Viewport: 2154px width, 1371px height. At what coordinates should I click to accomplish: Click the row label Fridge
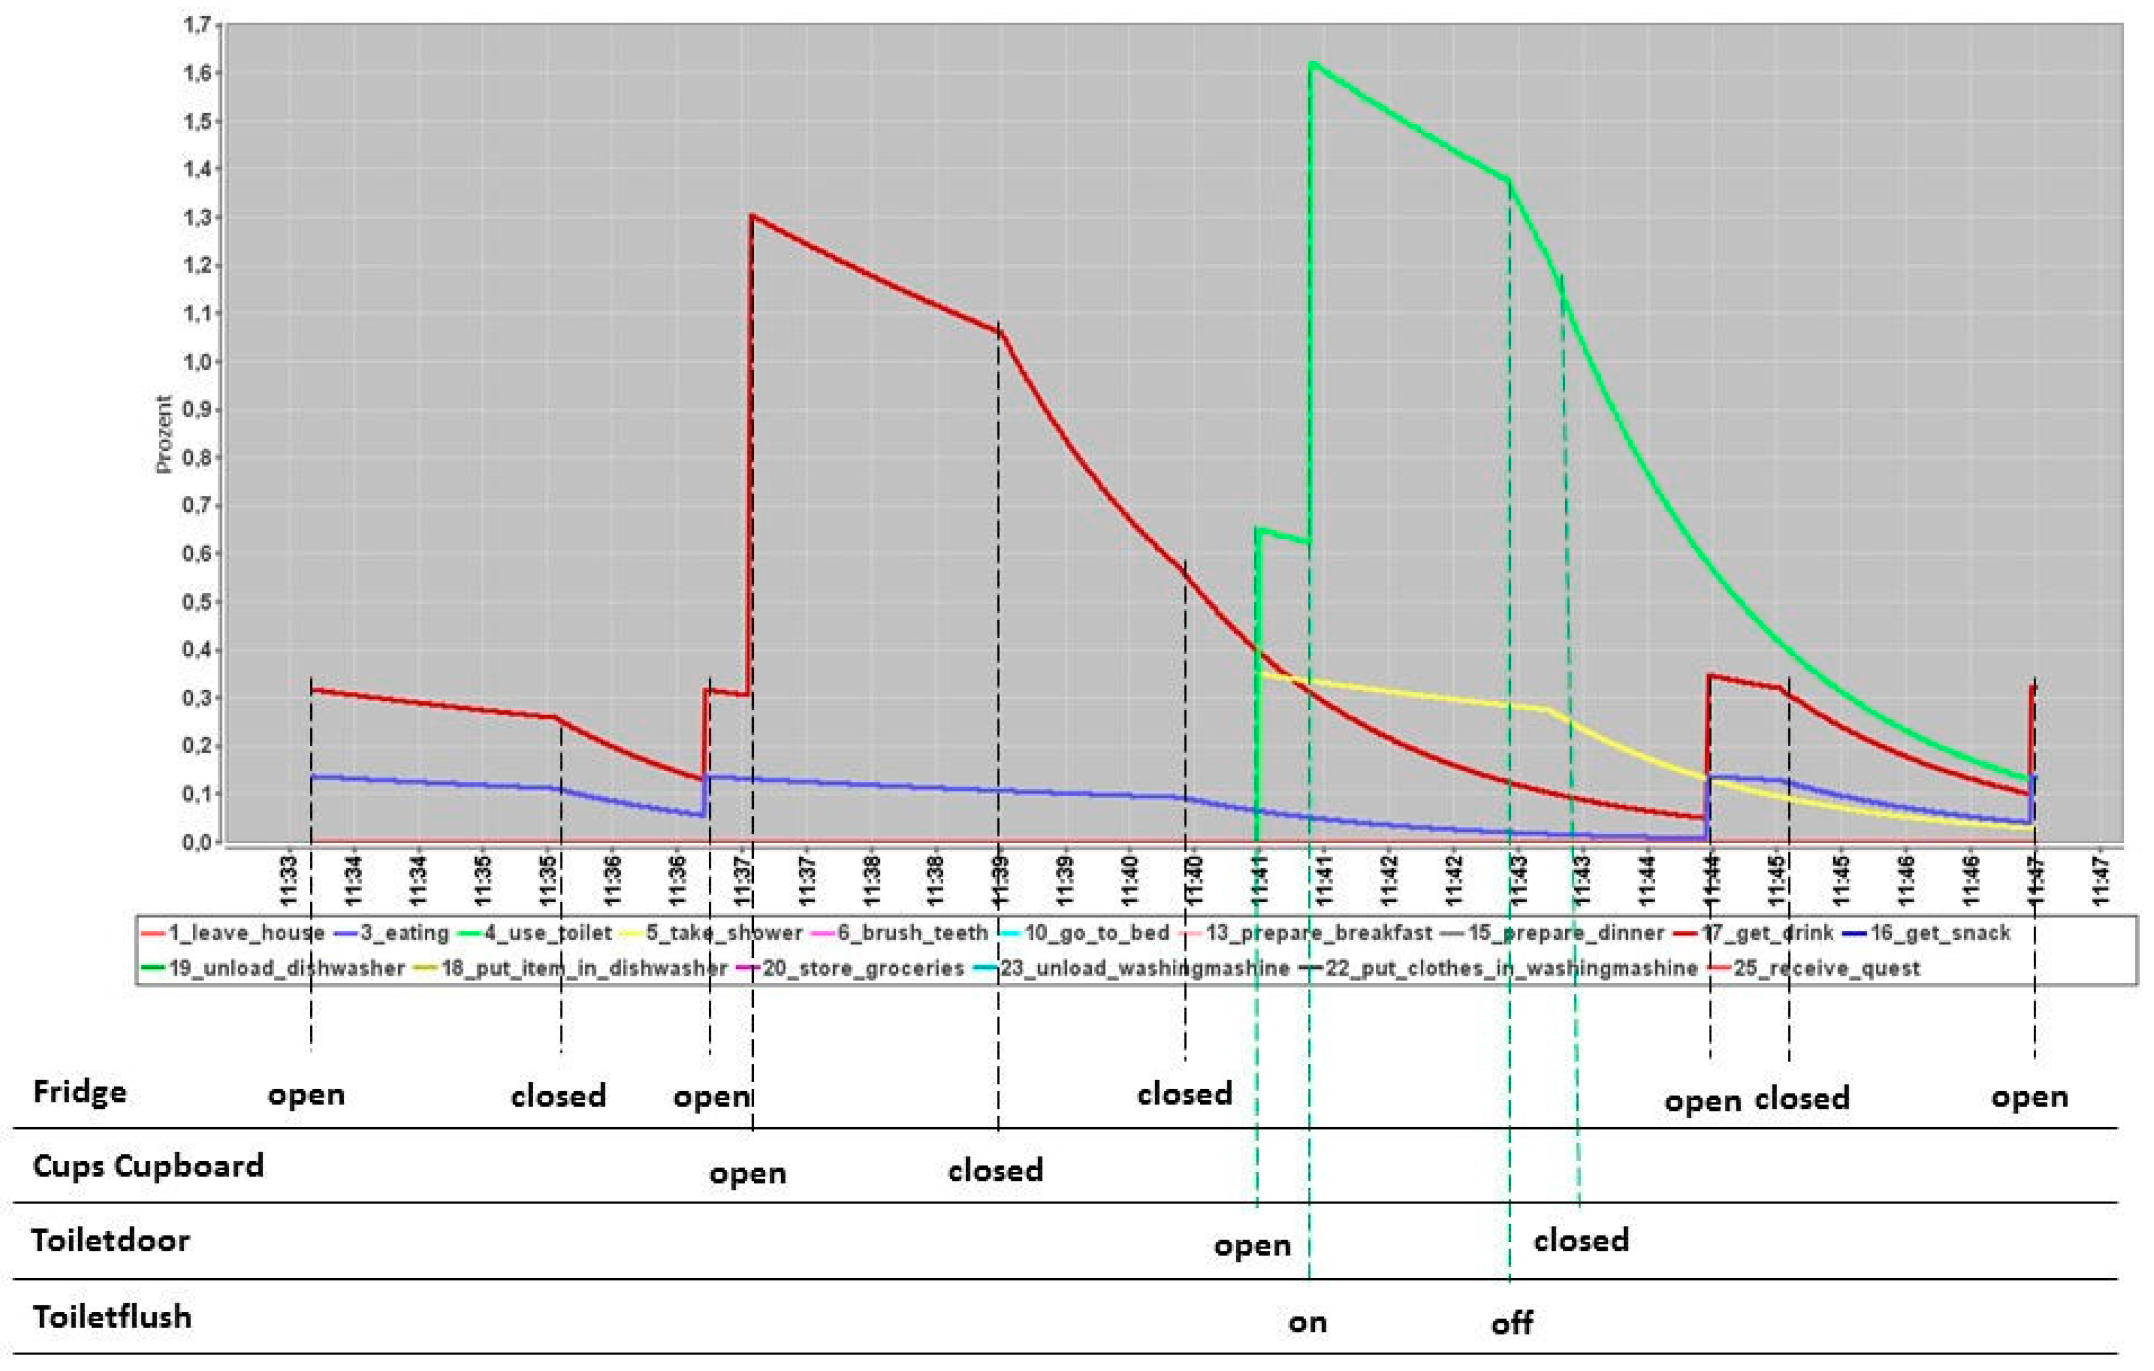(x=80, y=1092)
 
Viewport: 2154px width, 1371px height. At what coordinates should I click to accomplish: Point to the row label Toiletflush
(x=112, y=1317)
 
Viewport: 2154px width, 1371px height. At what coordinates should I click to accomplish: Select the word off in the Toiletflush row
(x=1512, y=1322)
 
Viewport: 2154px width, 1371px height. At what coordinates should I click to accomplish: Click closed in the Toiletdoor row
(x=1581, y=1240)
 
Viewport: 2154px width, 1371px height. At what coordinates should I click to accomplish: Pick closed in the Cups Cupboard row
(x=995, y=1170)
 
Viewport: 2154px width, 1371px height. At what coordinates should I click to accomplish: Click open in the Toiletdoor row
(x=1252, y=1246)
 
